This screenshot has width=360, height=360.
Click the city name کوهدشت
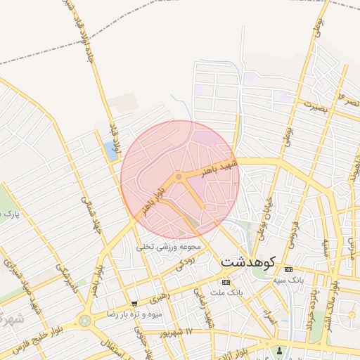247,260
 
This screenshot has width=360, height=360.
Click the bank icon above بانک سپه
288,269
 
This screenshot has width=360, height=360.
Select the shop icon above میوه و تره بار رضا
134,304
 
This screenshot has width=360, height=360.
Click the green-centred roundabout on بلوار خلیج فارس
85,320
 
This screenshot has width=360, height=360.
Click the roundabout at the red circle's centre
179,176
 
